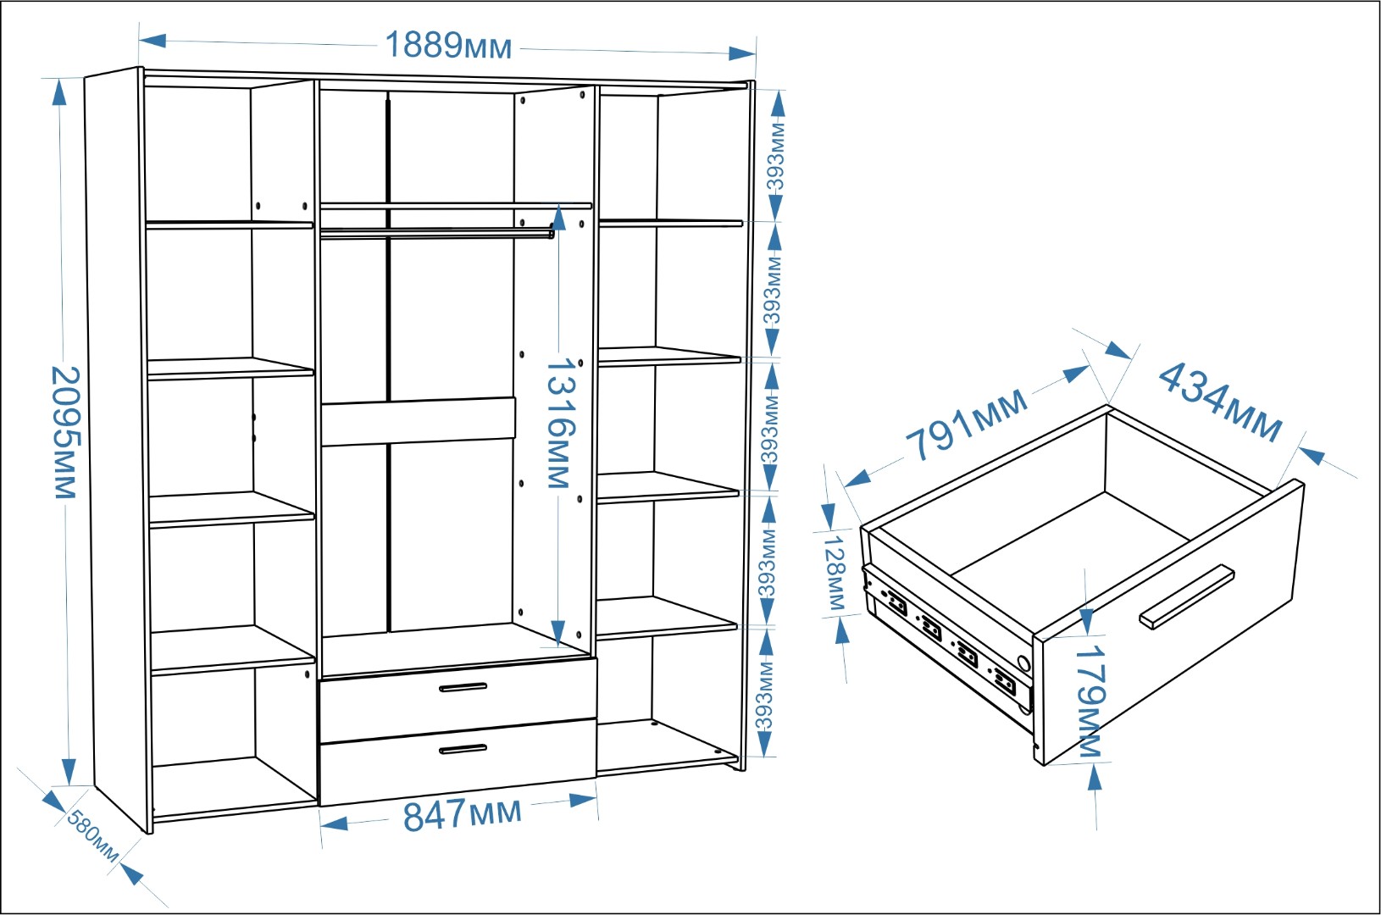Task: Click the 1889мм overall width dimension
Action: tap(448, 46)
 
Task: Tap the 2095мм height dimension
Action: tap(64, 432)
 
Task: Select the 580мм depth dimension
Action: tap(92, 835)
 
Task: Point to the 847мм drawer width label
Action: tap(462, 814)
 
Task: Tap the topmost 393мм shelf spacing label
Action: tap(774, 158)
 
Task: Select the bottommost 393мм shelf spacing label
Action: tap(764, 696)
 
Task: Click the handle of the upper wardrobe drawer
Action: tap(463, 687)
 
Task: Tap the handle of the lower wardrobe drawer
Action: tap(463, 749)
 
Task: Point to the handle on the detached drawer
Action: tap(1186, 596)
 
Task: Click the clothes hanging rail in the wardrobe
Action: tap(436, 232)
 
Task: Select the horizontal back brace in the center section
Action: tap(419, 421)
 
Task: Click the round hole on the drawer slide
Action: tap(1023, 663)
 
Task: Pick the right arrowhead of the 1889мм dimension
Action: tap(742, 53)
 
